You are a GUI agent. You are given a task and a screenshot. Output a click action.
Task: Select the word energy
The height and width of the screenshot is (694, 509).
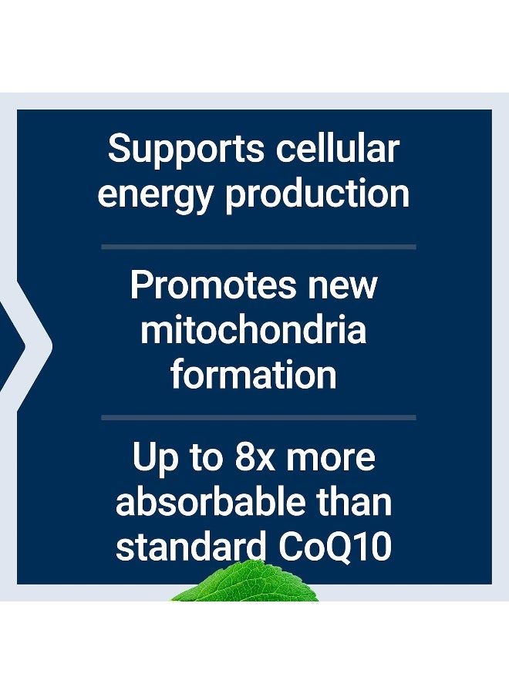tap(154, 196)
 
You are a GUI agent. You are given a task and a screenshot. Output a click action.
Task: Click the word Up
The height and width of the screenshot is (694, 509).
tap(155, 460)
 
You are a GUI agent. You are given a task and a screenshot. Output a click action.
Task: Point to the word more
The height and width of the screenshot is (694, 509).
tap(331, 460)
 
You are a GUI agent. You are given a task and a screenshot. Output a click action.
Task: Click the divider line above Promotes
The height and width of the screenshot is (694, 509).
tap(258, 247)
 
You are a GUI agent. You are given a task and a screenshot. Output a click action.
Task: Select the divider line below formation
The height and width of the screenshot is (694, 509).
tap(258, 417)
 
